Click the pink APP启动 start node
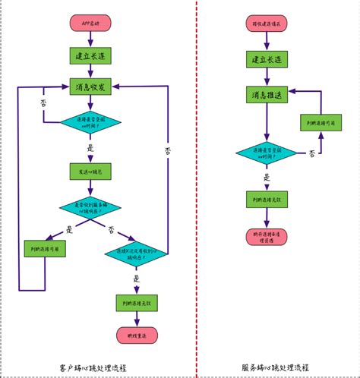[x=90, y=24]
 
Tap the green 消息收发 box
[x=90, y=87]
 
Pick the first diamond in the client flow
[x=90, y=123]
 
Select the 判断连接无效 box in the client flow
[x=137, y=304]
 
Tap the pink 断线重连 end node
[x=137, y=335]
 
